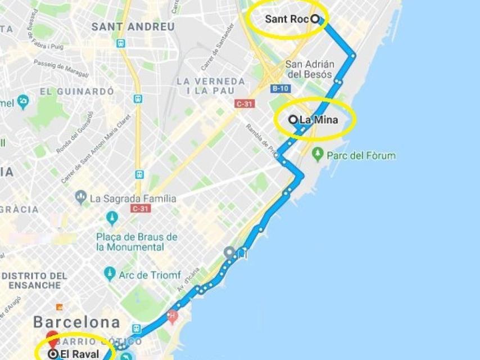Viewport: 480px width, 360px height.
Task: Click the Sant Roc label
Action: pyautogui.click(x=287, y=19)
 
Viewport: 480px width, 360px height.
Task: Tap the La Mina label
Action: pyautogui.click(x=319, y=119)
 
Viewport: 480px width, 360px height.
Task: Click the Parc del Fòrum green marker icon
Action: pyautogui.click(x=318, y=154)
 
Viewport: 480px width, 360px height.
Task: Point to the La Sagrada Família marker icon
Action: pyautogui.click(x=80, y=197)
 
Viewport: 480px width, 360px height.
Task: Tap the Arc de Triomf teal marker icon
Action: pyautogui.click(x=110, y=274)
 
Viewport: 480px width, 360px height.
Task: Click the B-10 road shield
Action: pyautogui.click(x=280, y=89)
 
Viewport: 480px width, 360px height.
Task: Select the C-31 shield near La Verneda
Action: pyautogui.click(x=244, y=103)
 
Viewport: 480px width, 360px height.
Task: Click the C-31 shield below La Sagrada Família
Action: pyautogui.click(x=140, y=209)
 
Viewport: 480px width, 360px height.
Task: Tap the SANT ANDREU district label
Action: pyautogui.click(x=133, y=26)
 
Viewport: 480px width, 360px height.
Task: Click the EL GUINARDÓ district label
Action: pyautogui.click(x=77, y=91)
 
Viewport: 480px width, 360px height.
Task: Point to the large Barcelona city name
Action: pyautogui.click(x=76, y=322)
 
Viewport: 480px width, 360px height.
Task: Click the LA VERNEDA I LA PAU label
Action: pyautogui.click(x=211, y=86)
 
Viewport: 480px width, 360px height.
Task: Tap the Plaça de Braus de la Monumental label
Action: pyautogui.click(x=137, y=242)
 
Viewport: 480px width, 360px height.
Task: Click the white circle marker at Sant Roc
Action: pyautogui.click(x=315, y=19)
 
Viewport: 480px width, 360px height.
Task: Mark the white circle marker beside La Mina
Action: pyautogui.click(x=293, y=119)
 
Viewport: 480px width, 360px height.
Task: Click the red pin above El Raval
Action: pyautogui.click(x=53, y=339)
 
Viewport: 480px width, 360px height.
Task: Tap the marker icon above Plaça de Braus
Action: pyautogui.click(x=112, y=218)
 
